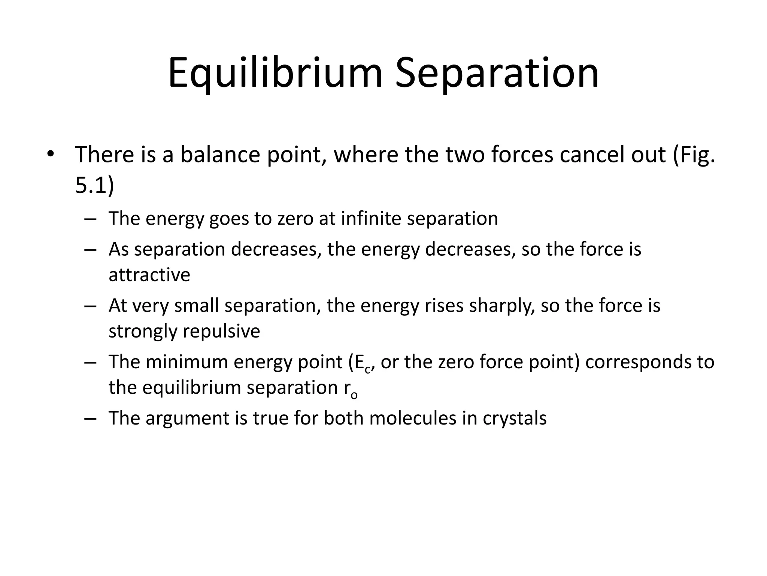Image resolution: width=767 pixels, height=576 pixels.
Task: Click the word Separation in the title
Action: tap(497, 73)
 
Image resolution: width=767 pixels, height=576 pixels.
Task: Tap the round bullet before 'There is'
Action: tap(51, 154)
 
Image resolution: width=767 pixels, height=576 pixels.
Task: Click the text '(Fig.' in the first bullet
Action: tap(694, 154)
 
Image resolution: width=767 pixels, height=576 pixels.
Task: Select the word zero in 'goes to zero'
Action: tap(295, 218)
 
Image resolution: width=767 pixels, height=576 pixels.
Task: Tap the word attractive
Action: tap(149, 274)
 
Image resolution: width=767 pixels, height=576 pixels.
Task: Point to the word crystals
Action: tap(515, 418)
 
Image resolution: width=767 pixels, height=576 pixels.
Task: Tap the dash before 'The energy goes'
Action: tap(90, 219)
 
